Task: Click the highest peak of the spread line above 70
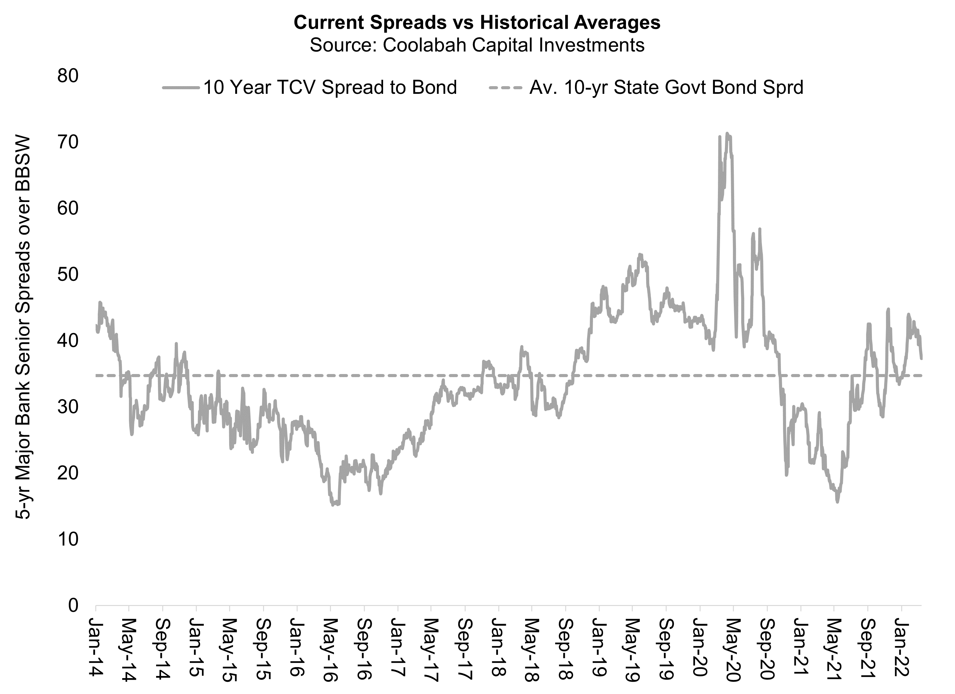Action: [x=727, y=134]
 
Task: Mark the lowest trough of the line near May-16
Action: [x=333, y=505]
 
